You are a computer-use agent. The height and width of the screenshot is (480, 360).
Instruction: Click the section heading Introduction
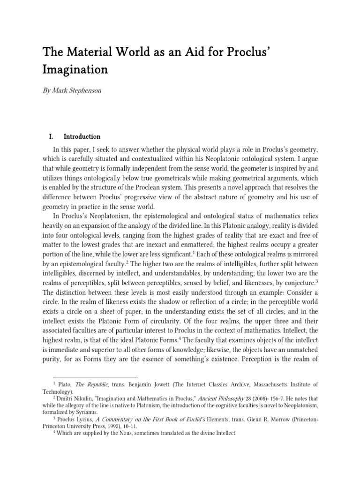pos(82,137)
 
